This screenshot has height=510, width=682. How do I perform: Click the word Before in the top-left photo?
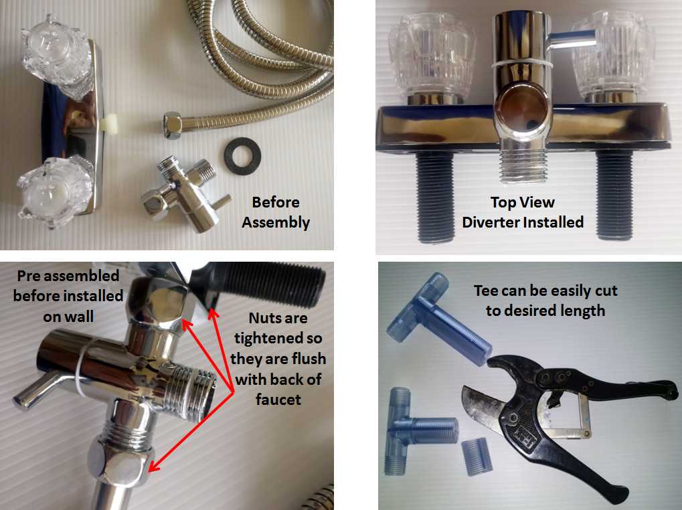point(276,202)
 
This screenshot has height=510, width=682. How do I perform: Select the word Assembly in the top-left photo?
point(276,222)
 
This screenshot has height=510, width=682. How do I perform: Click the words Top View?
point(522,202)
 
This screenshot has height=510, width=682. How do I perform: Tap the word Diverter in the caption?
point(491,222)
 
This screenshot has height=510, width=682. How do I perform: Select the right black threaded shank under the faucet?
point(614,195)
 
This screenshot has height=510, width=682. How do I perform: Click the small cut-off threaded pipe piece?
point(477,456)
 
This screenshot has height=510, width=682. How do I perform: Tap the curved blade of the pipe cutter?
point(481,406)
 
